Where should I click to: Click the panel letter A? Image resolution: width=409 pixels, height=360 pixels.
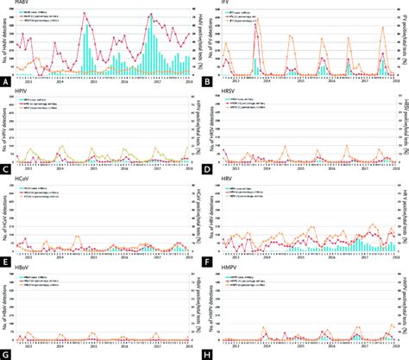6,83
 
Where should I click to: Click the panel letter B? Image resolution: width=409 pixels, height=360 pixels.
212,83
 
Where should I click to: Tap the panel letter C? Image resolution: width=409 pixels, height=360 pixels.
6,172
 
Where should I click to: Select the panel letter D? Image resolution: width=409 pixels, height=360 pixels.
212,172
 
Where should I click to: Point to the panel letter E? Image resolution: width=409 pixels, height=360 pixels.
6,260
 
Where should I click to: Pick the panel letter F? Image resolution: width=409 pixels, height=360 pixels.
212,260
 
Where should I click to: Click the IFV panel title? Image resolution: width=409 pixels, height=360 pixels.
227,3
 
